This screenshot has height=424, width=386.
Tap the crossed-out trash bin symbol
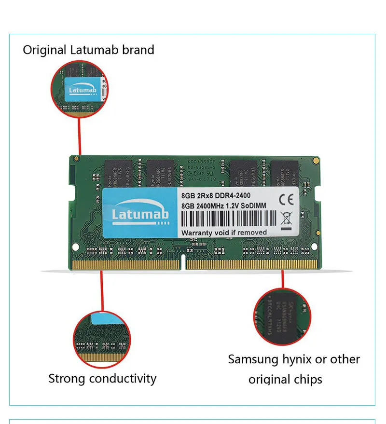(286, 217)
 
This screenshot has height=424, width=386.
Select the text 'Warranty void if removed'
(224, 233)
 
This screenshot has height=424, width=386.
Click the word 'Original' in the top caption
(44, 50)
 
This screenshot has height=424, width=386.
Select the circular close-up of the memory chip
(283, 316)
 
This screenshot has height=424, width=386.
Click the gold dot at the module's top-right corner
(315, 159)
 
